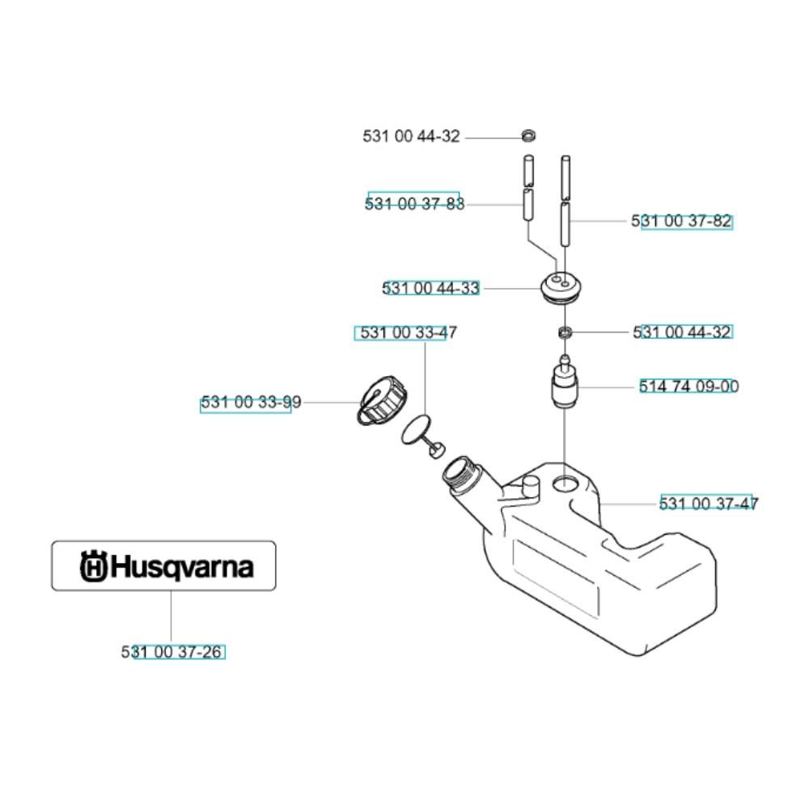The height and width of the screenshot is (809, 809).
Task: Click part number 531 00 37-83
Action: point(414,204)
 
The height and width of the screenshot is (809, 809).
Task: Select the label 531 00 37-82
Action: point(681,221)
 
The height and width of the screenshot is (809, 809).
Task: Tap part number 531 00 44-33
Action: point(431,288)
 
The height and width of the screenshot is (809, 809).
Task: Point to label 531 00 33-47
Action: point(408,332)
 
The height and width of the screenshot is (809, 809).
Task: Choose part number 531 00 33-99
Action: point(251,402)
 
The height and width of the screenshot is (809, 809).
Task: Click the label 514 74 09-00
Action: point(688,386)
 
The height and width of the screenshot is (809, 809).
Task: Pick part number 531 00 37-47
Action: point(709,503)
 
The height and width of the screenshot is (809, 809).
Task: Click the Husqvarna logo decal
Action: point(163,565)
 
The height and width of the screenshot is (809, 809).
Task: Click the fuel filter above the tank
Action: point(565,383)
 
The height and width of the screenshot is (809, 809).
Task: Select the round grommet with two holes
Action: point(560,287)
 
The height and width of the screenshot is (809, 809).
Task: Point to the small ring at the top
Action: point(527,136)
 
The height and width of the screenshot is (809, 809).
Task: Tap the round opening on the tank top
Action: point(566,484)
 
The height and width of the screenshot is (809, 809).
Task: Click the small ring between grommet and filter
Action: point(565,332)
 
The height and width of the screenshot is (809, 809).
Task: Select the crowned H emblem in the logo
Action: point(93,566)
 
